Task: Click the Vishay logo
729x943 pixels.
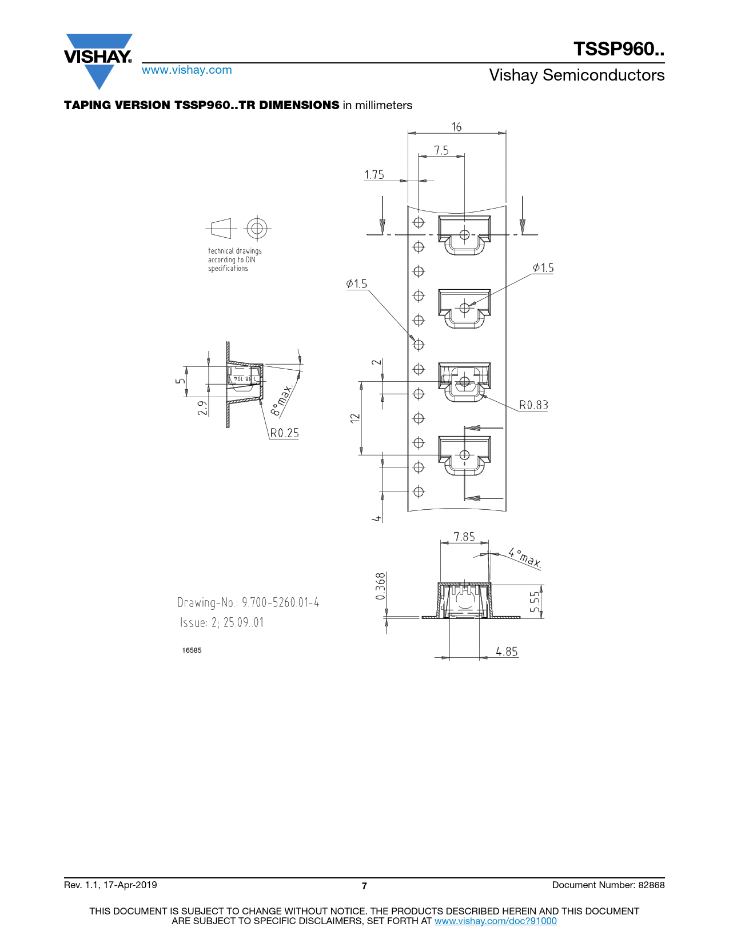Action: (98, 61)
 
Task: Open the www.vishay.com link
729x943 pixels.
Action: (187, 70)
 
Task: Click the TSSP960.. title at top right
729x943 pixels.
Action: (619, 49)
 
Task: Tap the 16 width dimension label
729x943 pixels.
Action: (456, 127)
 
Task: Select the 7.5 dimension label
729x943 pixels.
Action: (441, 150)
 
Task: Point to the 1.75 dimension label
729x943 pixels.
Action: (374, 174)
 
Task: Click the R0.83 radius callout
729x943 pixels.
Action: (533, 405)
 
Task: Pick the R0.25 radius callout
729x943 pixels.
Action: (284, 433)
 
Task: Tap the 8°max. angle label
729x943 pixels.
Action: (282, 399)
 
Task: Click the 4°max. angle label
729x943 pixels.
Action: (525, 558)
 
